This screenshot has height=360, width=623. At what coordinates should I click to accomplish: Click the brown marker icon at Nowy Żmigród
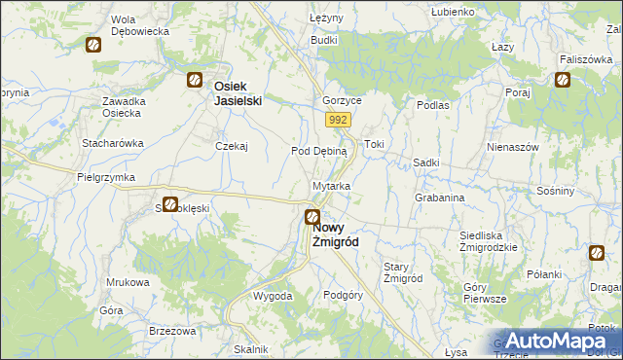tap(312, 218)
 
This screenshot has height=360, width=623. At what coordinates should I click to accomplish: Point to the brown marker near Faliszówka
tap(562, 80)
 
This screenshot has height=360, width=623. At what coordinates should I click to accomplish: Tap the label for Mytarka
tap(332, 185)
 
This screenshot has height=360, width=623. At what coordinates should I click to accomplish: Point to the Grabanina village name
tap(439, 198)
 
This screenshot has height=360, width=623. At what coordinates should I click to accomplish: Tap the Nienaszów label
tap(513, 147)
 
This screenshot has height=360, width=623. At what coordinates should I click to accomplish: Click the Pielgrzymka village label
tap(105, 178)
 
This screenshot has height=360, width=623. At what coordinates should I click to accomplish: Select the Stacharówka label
tap(113, 143)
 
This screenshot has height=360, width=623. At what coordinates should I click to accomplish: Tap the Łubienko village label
tap(455, 12)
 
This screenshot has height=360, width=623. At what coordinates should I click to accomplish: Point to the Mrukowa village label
tap(128, 282)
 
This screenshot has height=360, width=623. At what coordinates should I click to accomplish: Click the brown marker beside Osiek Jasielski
tap(195, 81)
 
